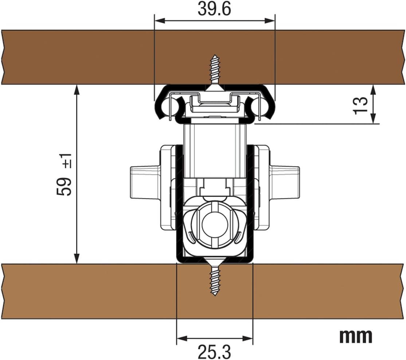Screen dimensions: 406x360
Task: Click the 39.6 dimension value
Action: [x=214, y=9]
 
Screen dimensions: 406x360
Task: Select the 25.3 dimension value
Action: [x=214, y=352]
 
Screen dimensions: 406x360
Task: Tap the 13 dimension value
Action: [x=361, y=105]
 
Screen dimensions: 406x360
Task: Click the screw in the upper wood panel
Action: [x=215, y=72]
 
